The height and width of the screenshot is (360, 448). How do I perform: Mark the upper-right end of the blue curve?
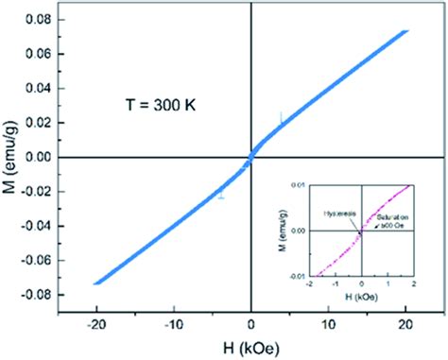[x=406, y=30]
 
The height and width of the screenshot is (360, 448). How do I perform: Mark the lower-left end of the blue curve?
[x=95, y=283]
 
